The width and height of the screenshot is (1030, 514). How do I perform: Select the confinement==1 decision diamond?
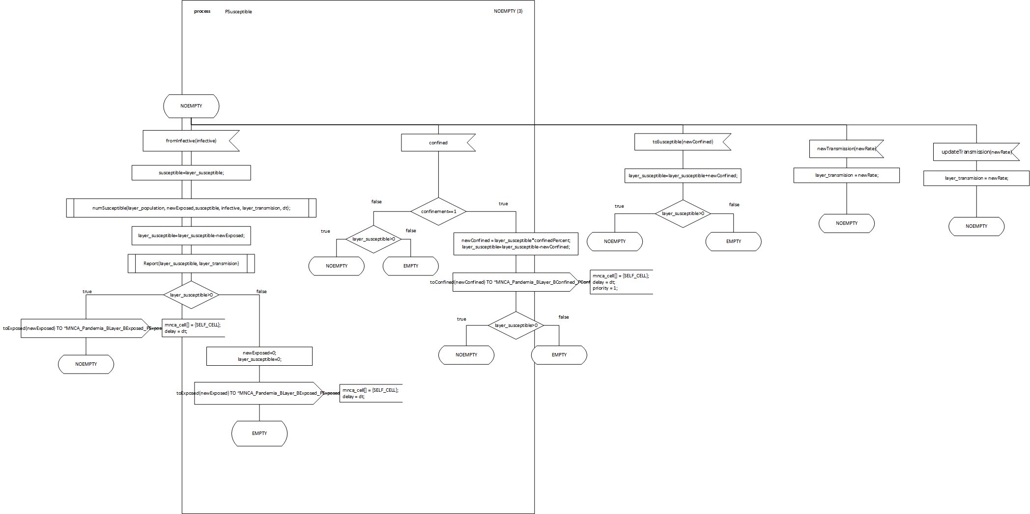tap(438, 212)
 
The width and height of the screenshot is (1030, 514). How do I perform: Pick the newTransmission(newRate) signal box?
tap(846, 149)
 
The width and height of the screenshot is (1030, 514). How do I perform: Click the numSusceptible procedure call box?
tap(191, 208)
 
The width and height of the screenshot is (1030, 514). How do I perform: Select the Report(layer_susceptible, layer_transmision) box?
tap(191, 264)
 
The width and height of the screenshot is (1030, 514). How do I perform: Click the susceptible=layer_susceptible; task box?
tap(191, 173)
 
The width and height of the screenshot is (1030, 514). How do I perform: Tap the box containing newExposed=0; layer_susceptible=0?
tap(259, 356)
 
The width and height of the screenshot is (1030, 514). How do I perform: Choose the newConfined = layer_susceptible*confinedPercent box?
tap(515, 244)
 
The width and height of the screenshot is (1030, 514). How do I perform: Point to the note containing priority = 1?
tap(621, 282)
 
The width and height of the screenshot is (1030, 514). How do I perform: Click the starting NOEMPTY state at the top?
tap(191, 106)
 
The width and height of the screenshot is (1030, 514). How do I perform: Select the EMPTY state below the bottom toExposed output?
tap(259, 433)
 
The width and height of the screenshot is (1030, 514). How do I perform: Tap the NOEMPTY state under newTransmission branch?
tap(846, 223)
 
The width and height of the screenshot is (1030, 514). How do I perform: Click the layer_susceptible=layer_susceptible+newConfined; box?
tap(683, 176)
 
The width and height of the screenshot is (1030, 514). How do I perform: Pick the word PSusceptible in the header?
tap(238, 12)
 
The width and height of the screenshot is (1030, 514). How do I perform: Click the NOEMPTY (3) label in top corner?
tap(508, 11)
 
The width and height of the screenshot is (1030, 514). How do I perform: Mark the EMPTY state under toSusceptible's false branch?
tap(733, 242)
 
